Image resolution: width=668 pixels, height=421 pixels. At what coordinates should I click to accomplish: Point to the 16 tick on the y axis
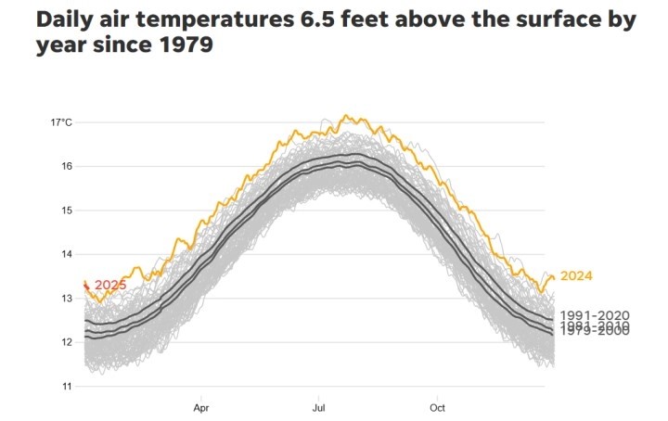(x=67, y=166)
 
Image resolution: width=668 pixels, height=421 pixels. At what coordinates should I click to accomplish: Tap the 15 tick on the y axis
(x=67, y=210)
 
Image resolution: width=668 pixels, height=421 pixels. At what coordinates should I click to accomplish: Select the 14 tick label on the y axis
(x=67, y=254)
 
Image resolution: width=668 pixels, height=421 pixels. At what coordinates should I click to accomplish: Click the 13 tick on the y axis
(x=67, y=298)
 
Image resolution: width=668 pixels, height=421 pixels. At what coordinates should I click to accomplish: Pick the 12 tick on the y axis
(x=67, y=341)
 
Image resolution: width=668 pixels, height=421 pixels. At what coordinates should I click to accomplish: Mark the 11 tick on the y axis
(x=67, y=386)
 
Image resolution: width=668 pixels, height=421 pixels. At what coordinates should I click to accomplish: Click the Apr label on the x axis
(x=201, y=406)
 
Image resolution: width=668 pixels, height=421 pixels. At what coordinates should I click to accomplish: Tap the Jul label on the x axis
(x=319, y=406)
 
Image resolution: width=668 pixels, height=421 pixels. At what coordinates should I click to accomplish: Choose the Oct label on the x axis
(x=437, y=406)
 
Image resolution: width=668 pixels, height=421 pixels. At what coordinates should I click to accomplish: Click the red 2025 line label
(x=109, y=285)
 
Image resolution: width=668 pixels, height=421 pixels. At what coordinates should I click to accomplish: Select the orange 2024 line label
(x=575, y=275)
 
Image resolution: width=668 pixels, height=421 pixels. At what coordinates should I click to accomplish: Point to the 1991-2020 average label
(x=595, y=316)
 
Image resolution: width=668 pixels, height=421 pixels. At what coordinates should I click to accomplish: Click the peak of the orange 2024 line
(x=344, y=115)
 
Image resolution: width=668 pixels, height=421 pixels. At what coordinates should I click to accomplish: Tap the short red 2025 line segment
(x=86, y=286)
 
